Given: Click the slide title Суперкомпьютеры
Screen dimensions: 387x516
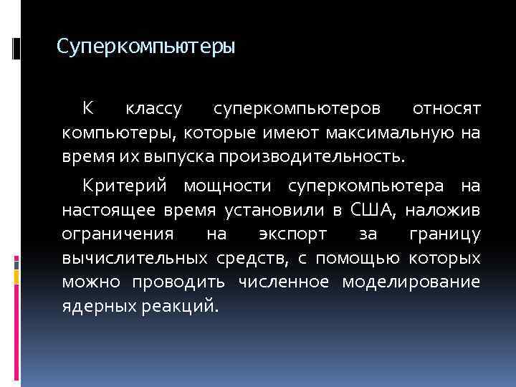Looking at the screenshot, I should pyautogui.click(x=145, y=48).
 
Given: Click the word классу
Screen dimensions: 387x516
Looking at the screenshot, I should pyautogui.click(x=153, y=109).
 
